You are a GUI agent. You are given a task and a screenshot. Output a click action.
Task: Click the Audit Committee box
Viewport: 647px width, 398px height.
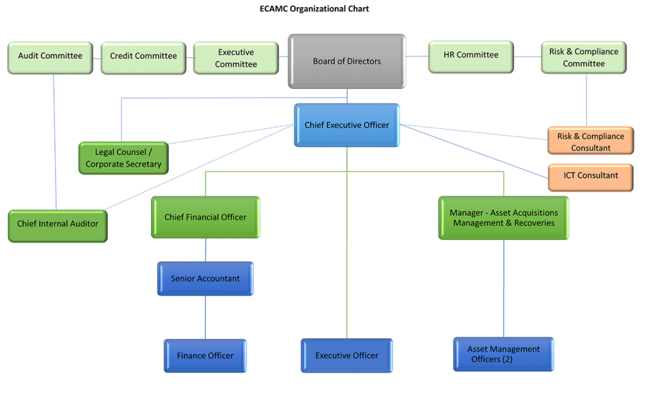tap(50, 56)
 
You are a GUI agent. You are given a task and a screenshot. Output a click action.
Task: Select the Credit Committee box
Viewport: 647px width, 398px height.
tap(143, 56)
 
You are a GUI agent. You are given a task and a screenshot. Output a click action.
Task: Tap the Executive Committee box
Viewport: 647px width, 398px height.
tap(236, 58)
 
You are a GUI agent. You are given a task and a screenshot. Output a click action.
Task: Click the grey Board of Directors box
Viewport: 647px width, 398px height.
tap(347, 61)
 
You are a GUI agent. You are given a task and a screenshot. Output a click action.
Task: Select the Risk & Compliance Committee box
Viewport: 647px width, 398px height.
tap(584, 57)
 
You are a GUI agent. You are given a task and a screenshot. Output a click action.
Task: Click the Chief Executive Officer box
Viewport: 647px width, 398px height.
tap(347, 125)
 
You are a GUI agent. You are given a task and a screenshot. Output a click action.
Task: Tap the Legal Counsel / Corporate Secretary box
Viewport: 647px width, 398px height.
tap(124, 158)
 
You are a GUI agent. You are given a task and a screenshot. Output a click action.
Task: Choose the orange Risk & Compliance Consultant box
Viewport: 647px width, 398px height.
tap(590, 141)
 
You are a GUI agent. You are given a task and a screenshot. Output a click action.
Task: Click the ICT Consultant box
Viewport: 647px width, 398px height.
tap(590, 176)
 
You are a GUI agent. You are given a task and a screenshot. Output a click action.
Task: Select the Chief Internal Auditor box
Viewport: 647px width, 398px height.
tap(57, 224)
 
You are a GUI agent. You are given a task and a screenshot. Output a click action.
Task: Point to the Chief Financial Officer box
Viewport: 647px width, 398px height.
tap(205, 217)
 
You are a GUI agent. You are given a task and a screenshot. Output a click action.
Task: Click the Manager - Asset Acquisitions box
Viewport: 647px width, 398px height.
tap(504, 217)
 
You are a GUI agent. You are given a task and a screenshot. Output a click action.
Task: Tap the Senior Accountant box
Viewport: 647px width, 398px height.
tap(205, 279)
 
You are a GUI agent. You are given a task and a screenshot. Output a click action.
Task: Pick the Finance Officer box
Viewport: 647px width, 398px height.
tap(205, 356)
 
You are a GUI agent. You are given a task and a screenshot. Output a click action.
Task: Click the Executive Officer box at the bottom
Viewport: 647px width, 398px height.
tap(347, 356)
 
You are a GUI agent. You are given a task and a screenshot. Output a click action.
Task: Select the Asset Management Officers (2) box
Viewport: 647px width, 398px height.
tap(504, 354)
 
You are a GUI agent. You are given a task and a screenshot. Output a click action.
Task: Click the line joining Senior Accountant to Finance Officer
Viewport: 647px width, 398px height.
tap(205, 317)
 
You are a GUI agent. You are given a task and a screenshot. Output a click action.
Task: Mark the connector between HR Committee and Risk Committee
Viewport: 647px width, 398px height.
tap(527, 56)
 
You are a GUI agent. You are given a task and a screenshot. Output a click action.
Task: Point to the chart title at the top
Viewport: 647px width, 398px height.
tap(314, 9)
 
